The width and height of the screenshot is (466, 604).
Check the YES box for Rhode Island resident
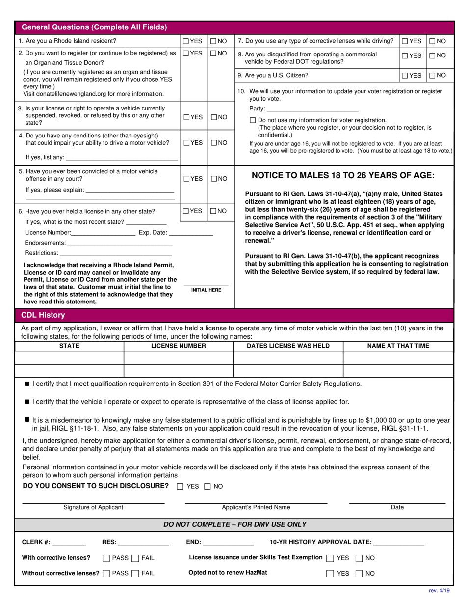tap(186, 41)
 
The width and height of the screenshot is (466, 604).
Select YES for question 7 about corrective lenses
tap(405, 41)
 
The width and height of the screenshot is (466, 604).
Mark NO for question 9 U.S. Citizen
tap(432, 75)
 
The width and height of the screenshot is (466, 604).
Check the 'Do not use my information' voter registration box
tap(253, 120)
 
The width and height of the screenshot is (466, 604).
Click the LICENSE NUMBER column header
tap(179, 346)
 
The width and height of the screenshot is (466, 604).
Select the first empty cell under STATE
tap(69, 357)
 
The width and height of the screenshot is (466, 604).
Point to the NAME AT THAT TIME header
tap(398, 346)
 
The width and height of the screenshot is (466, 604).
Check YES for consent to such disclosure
tap(180, 487)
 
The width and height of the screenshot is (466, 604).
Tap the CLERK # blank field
tap(68, 543)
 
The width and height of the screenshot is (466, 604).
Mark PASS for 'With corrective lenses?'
tap(106, 558)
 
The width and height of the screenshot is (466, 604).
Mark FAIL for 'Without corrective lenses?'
tap(136, 573)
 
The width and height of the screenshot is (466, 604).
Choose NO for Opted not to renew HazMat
tap(360, 573)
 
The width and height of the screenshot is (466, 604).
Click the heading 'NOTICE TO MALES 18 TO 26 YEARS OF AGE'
tap(343, 175)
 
